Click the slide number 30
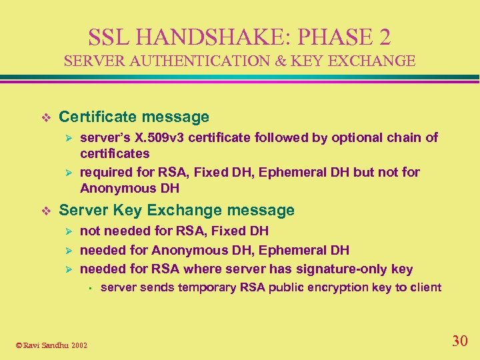click(459, 341)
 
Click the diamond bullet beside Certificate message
click(45, 117)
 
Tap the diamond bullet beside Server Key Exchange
click(45, 211)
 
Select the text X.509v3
click(155, 138)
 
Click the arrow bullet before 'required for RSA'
click(66, 173)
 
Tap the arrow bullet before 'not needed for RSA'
click(66, 231)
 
